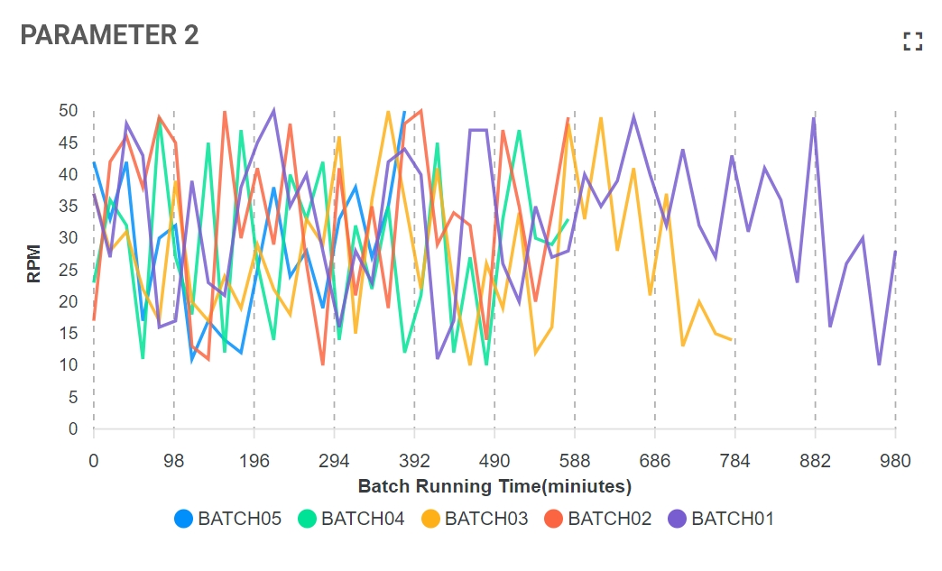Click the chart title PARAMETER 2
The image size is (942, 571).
pos(109,35)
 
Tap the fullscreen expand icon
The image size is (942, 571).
pos(913,41)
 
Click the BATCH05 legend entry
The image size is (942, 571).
pos(227,519)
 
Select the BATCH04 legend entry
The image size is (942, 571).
pos(351,519)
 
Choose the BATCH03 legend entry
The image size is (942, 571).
pos(475,519)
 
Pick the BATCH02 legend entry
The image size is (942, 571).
pos(597,519)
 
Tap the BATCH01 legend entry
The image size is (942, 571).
pos(721,519)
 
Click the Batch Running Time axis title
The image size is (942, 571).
pos(494,486)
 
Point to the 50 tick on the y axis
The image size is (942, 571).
pos(69,111)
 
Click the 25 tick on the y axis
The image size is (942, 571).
pos(69,270)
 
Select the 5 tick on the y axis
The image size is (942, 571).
pos(73,397)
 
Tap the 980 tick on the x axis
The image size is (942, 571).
pos(894,461)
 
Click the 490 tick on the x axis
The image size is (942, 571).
pos(494,461)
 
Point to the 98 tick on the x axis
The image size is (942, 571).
pos(174,461)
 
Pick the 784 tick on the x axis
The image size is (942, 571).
pos(734,461)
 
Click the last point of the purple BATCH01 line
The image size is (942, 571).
pos(895,251)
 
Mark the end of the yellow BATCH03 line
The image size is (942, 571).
pos(731,339)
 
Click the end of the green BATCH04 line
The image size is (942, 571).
pos(568,219)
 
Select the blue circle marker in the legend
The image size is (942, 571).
pos(183,519)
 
